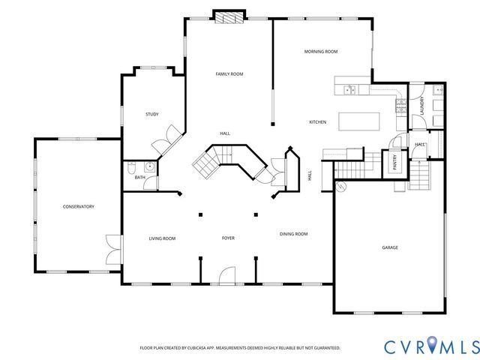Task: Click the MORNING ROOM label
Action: [320, 52]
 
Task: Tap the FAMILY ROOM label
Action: [229, 74]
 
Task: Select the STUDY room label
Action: [151, 114]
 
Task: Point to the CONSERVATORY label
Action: [78, 206]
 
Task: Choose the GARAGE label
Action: [389, 247]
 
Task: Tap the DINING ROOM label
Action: [293, 234]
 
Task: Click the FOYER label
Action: [228, 238]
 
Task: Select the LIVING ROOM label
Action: [162, 238]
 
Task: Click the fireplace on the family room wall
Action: [229, 17]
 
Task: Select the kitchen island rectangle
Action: [359, 121]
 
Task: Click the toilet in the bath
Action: [133, 169]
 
